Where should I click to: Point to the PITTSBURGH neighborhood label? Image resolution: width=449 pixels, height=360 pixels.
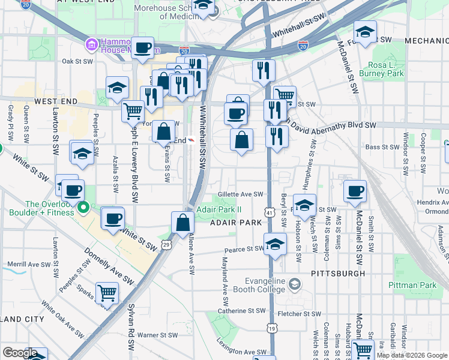click(x=338, y=273)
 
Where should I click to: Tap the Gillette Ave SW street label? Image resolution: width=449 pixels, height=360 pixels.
click(x=241, y=194)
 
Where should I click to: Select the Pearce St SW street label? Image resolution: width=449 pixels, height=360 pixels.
click(x=244, y=249)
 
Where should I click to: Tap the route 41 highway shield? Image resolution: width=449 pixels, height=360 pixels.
click(x=270, y=212)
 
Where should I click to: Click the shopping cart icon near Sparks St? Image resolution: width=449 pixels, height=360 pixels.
click(x=107, y=292)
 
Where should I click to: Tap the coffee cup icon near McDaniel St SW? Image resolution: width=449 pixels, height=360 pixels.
click(x=355, y=191)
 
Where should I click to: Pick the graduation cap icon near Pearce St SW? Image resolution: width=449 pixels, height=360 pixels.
click(x=276, y=244)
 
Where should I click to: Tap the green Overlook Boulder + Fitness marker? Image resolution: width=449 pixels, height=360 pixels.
click(x=83, y=208)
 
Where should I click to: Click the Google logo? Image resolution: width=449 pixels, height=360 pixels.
click(x=20, y=353)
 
